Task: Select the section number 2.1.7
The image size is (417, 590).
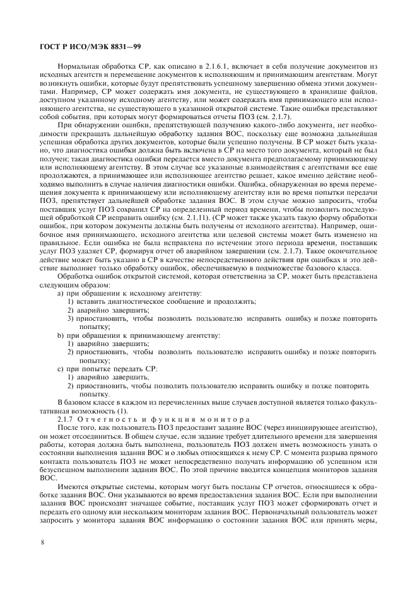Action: click(68, 419)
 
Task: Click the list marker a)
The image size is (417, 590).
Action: click(61, 294)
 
